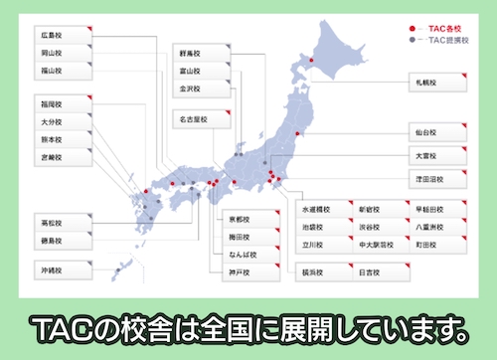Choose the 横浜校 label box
coord(318,270)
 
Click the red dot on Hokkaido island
coord(312,62)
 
